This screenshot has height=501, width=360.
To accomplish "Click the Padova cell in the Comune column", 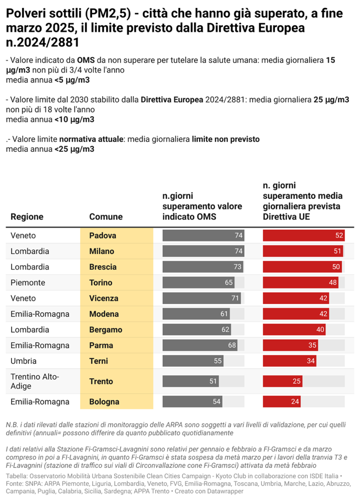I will [102, 235].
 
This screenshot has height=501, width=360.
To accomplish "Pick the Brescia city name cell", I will [103, 267].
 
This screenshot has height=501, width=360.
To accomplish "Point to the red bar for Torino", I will [300, 283].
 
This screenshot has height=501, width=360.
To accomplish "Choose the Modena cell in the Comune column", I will [104, 314].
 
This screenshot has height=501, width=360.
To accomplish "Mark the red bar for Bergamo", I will [294, 330].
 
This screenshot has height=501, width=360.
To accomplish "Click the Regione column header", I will [27, 217].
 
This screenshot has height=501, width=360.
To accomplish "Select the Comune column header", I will [106, 217].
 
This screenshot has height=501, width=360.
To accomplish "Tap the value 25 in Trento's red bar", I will [296, 381].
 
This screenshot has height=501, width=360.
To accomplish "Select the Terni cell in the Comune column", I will [99, 361].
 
